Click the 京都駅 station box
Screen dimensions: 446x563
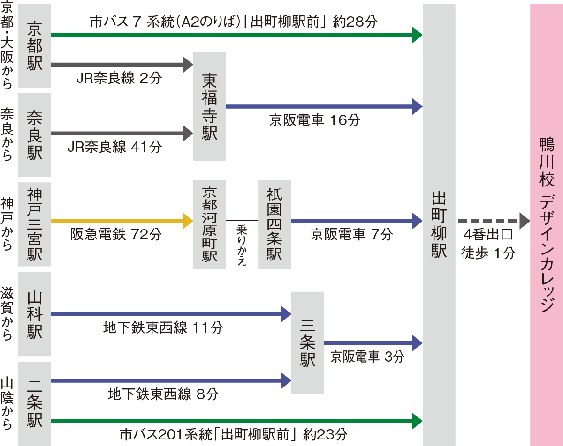click(x=34, y=46)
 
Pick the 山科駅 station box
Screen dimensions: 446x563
click(x=34, y=314)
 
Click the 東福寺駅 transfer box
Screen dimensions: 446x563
click(x=209, y=106)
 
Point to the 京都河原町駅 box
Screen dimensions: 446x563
click(x=209, y=224)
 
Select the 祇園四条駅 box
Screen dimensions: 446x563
click(x=274, y=224)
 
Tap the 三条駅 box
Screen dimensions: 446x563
click(x=308, y=343)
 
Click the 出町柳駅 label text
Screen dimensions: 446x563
click(x=439, y=224)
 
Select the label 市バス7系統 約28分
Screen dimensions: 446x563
click(x=233, y=22)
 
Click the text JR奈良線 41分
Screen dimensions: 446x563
click(x=114, y=147)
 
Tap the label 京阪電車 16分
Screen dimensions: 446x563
click(x=315, y=120)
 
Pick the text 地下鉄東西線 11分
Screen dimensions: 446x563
click(x=163, y=328)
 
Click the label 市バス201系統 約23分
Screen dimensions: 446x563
click(x=233, y=434)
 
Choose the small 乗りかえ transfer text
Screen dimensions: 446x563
click(x=242, y=245)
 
